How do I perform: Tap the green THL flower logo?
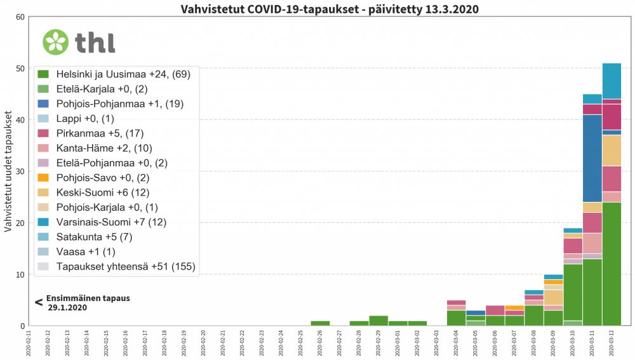55,41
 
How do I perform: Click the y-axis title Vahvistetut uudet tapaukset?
8,171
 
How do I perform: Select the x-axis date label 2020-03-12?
612,341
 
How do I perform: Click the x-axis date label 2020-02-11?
28,341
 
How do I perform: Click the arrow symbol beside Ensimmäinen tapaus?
39,302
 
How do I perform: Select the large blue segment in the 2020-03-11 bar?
592,158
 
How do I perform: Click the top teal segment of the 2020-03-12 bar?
612,81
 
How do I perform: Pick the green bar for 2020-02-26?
321,323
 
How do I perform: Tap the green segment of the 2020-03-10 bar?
573,292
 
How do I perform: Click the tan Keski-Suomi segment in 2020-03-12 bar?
612,150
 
